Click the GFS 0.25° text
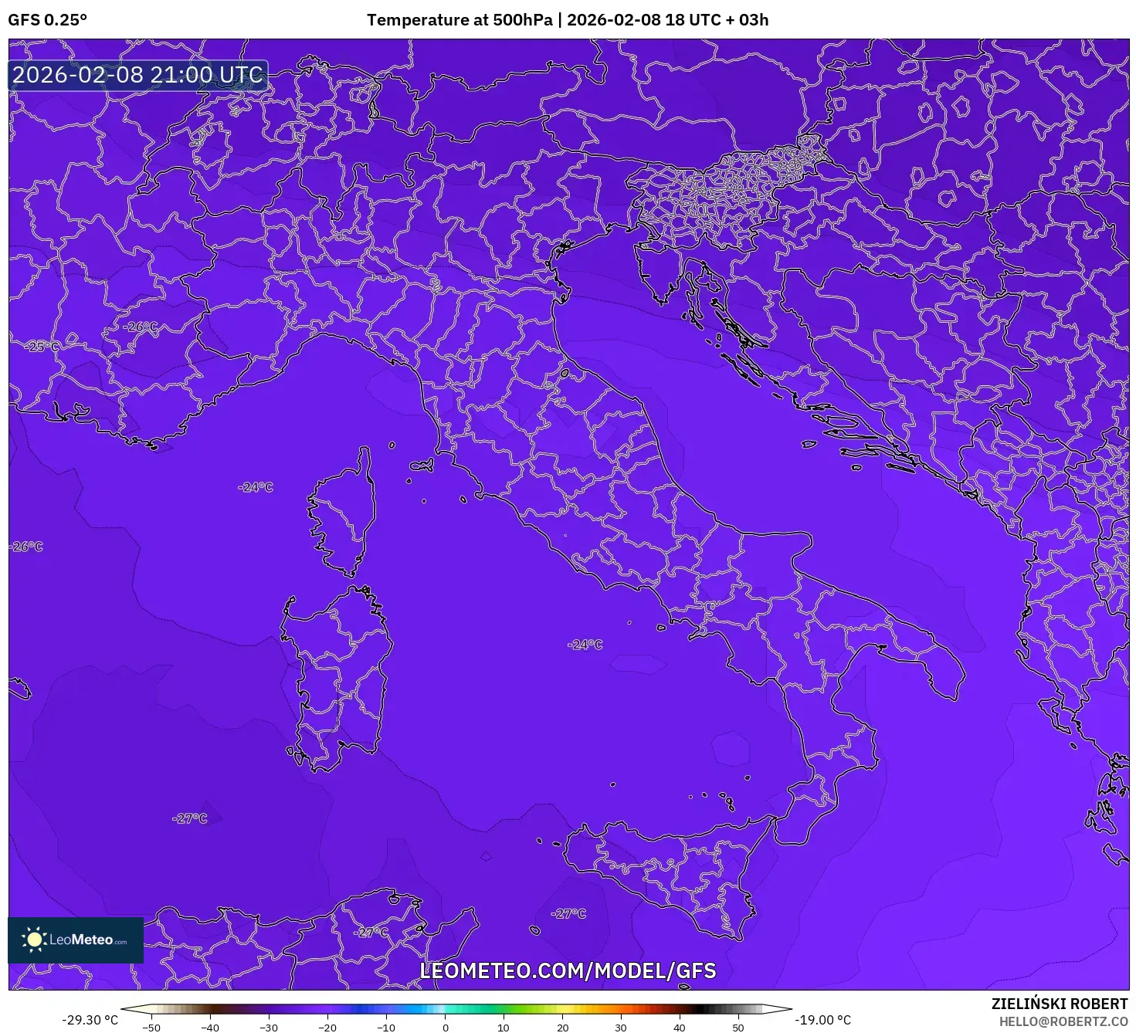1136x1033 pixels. [47, 20]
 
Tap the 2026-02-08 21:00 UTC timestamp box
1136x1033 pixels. [138, 76]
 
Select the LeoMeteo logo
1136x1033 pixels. [76, 940]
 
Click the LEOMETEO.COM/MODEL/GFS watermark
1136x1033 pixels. [568, 970]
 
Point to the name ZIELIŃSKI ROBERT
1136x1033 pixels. [1060, 1004]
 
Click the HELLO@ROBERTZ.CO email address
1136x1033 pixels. [1063, 1021]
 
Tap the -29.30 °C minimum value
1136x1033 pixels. [90, 1020]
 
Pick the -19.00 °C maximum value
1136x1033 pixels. [823, 1020]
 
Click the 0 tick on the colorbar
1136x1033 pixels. [445, 1028]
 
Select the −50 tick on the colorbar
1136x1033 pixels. [151, 1028]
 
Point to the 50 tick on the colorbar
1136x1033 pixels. [738, 1028]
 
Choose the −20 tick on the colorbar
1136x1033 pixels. [327, 1028]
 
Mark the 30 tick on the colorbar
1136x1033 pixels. [621, 1028]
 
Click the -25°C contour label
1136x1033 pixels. [42, 347]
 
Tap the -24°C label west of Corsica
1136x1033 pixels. [256, 487]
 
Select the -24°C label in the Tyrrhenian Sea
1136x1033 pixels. [585, 645]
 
